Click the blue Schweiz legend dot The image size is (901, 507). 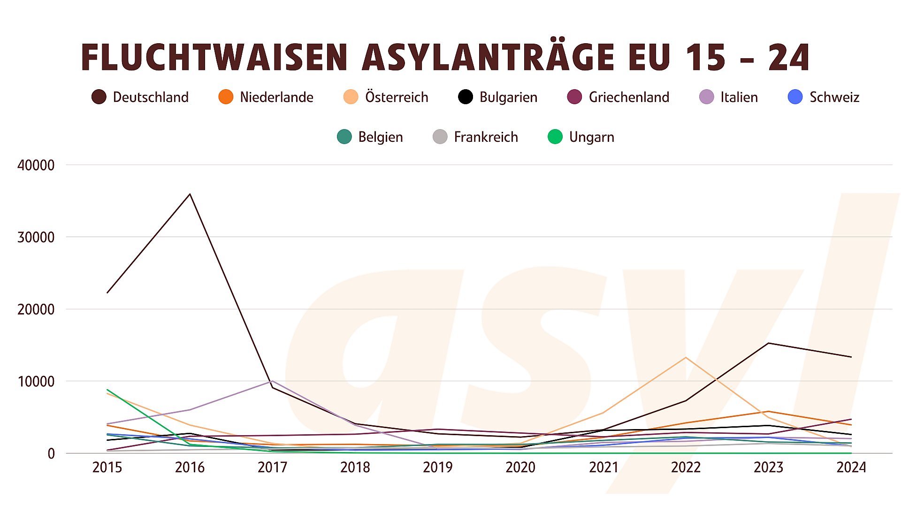pyautogui.click(x=795, y=97)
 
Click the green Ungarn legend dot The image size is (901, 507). pyautogui.click(x=555, y=137)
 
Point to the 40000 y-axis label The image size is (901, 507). pyautogui.click(x=36, y=165)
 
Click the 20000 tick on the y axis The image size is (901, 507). pyautogui.click(x=36, y=309)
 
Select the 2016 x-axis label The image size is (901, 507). pyautogui.click(x=190, y=468)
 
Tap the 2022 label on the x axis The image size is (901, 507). pyautogui.click(x=686, y=468)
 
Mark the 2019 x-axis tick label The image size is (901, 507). pyautogui.click(x=437, y=468)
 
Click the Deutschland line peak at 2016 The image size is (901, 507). pyautogui.click(x=190, y=194)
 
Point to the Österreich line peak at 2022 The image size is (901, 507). pyautogui.click(x=686, y=358)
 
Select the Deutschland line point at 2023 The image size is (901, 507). pyautogui.click(x=768, y=343)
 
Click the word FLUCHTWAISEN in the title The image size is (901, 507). pyautogui.click(x=214, y=58)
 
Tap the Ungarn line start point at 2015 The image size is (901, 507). pyautogui.click(x=107, y=390)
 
